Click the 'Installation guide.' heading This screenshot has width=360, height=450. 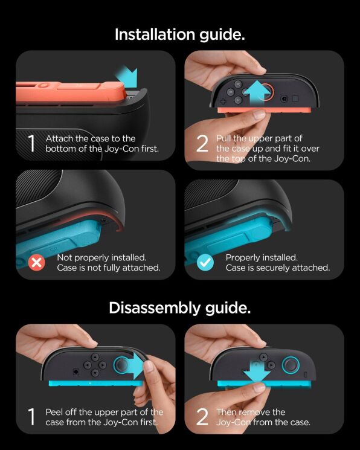(x=180, y=34)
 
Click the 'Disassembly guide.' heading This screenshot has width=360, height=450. (x=180, y=307)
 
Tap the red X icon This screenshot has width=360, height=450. (x=36, y=262)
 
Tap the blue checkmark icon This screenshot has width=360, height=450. (x=205, y=262)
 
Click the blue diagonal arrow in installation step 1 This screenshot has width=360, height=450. (x=127, y=77)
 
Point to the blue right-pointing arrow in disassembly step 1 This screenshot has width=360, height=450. (x=135, y=365)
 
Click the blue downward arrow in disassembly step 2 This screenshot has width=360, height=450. (x=257, y=371)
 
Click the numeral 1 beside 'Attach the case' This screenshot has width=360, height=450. (x=31, y=144)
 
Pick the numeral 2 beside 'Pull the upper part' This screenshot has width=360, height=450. (x=202, y=144)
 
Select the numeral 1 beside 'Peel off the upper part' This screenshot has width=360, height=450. (x=31, y=417)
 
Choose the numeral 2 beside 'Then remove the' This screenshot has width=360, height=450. (x=202, y=417)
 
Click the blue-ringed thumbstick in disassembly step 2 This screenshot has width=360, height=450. (x=291, y=365)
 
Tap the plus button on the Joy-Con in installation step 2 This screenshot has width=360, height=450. (x=223, y=101)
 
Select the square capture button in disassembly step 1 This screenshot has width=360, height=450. (x=76, y=371)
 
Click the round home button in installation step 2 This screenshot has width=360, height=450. (x=284, y=98)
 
